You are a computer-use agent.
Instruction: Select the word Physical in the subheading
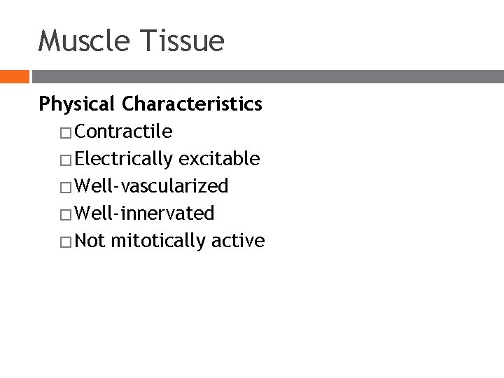77,105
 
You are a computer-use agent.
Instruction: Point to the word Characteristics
192,104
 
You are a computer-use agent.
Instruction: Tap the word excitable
220,159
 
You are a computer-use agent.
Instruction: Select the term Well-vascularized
151,186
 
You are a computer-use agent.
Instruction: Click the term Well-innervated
144,213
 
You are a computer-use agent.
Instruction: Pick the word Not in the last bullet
89,241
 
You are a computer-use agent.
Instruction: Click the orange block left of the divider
14,76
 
